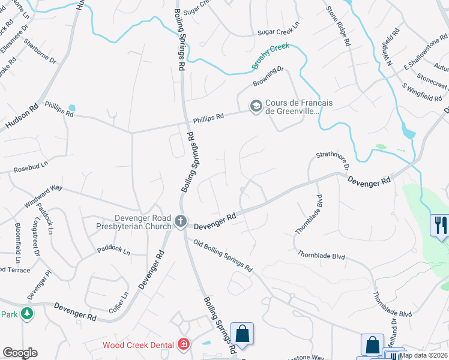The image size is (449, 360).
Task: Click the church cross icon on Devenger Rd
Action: point(179,222)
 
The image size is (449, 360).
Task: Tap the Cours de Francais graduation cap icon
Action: point(256,106)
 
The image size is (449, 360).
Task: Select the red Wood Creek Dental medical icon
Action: point(184,344)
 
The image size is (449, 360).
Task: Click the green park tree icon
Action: point(26,314)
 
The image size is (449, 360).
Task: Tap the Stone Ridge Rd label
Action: point(337,27)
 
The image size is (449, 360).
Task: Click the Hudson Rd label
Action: point(22,115)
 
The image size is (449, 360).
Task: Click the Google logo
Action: point(20,353)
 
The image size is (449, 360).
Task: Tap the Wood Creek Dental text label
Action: point(139,345)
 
